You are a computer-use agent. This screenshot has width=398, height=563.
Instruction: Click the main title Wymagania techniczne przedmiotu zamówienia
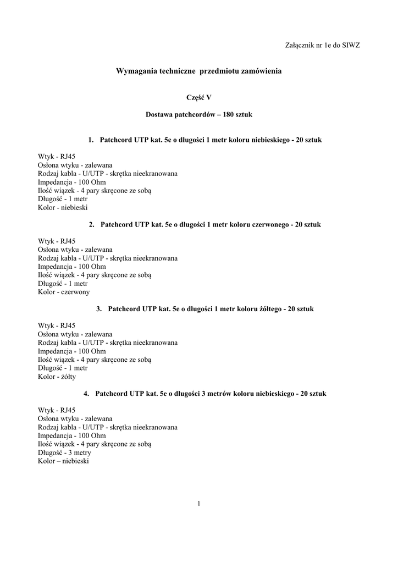coord(199,71)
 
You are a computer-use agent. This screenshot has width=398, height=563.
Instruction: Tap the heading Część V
coord(199,97)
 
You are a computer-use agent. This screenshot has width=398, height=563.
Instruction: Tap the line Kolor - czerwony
coord(64,292)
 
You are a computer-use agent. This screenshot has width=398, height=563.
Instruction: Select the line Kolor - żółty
coord(57,377)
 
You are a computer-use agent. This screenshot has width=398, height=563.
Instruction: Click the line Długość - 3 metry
coord(65,453)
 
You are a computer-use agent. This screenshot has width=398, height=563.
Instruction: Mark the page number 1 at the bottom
coord(198,504)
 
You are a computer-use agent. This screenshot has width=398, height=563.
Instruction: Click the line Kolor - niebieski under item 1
coord(63,208)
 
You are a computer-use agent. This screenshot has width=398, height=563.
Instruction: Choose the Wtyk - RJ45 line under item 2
coord(57,241)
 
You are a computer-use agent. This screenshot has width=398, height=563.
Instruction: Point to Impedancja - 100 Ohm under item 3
coord(72,351)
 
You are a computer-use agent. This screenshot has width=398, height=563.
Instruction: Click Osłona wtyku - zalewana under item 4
coord(75,419)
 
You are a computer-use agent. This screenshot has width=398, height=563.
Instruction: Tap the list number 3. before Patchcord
coord(99,309)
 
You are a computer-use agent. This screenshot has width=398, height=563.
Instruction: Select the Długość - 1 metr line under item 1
coord(63,199)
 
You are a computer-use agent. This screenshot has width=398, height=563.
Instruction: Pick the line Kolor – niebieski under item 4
coord(63,461)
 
